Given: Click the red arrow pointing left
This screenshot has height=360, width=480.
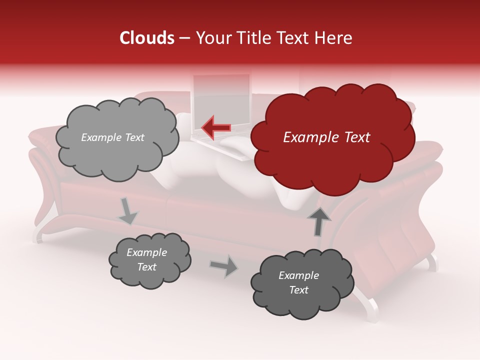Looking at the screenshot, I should (216, 127).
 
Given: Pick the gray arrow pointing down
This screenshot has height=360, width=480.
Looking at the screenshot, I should (127, 211).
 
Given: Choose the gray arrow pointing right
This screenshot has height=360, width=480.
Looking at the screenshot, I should (223, 265).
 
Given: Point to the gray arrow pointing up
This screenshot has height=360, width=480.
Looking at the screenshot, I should (318, 220).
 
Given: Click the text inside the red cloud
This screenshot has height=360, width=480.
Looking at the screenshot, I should (326, 137).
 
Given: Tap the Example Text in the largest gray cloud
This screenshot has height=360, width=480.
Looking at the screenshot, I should (112, 137).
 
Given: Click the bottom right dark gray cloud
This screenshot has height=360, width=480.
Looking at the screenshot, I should (301, 283).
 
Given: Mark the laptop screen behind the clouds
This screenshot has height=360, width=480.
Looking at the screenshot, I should (221, 100).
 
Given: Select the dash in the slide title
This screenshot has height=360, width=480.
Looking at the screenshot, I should (184, 38).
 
